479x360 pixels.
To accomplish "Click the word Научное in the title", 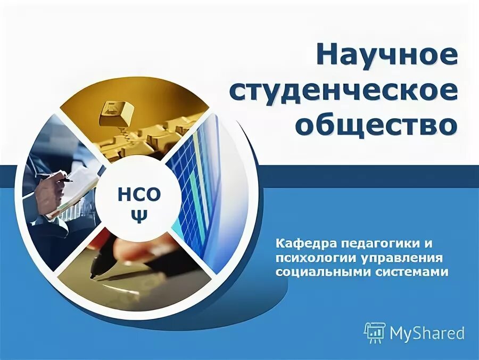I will click(386, 55).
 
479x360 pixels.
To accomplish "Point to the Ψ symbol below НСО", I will click(138, 217).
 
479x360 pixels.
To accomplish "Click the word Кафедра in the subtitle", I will click(299, 244).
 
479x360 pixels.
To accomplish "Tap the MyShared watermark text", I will click(427, 333).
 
